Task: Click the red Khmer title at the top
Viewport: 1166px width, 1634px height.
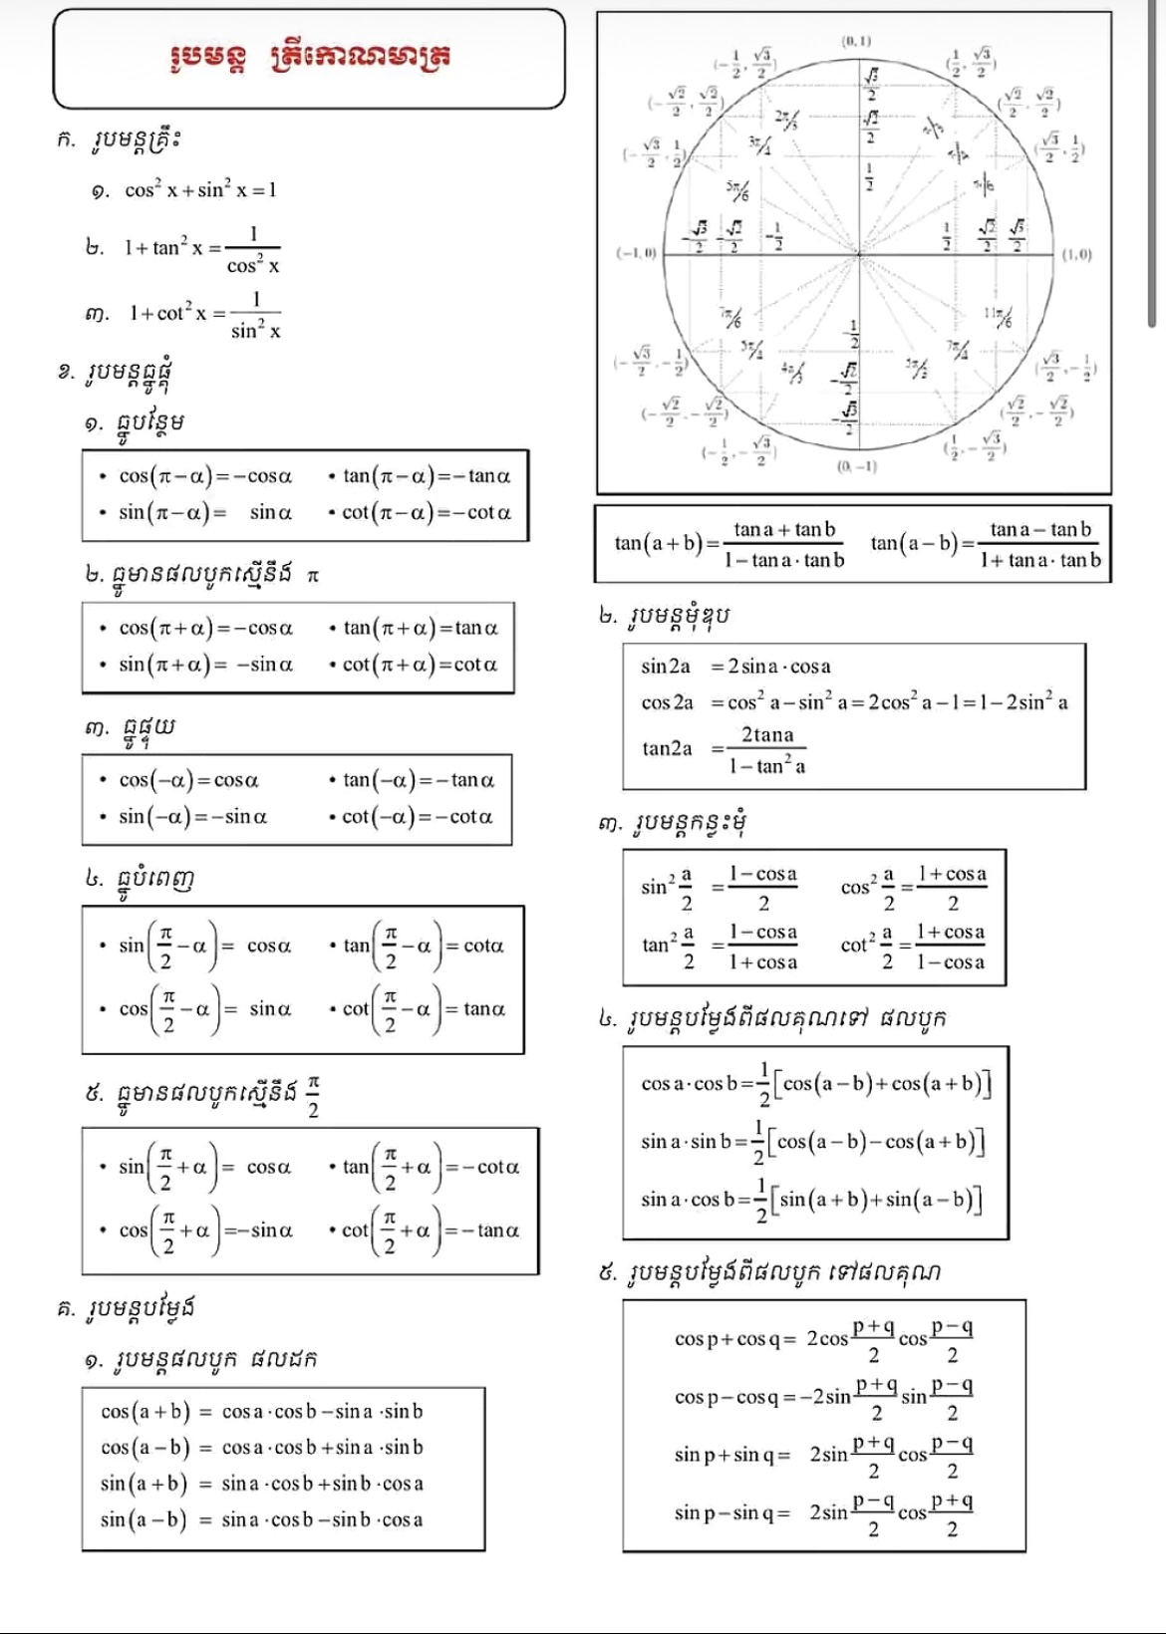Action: [x=310, y=56]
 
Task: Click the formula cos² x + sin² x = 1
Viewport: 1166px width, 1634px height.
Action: [x=200, y=189]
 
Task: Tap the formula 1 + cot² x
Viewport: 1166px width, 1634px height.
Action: [x=205, y=314]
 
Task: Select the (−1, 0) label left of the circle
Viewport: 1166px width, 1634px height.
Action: [x=635, y=254]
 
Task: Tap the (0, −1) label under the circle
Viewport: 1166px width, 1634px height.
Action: [x=856, y=466]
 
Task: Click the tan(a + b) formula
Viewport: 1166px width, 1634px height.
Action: [x=729, y=544]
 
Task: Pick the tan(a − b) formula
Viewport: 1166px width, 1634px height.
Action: [x=986, y=544]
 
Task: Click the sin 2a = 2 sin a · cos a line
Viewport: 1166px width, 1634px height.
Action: [x=735, y=667]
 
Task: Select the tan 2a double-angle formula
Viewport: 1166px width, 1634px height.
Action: [x=725, y=749]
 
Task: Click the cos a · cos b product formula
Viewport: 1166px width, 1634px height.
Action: [x=815, y=1084]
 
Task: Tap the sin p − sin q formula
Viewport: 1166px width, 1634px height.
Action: [x=824, y=1513]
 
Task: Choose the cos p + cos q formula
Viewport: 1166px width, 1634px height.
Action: [x=824, y=1339]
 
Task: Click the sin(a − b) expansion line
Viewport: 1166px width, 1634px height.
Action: [x=261, y=1519]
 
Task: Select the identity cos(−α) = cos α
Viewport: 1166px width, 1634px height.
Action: [x=188, y=780]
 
